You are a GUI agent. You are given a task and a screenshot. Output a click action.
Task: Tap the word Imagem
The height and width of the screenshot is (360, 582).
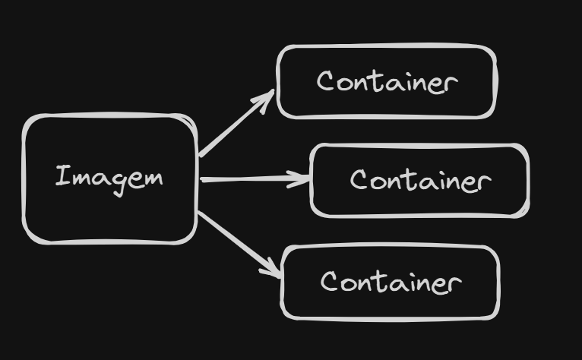pyautogui.click(x=109, y=178)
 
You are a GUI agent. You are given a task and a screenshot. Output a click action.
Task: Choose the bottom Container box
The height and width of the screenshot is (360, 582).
pyautogui.click(x=391, y=304)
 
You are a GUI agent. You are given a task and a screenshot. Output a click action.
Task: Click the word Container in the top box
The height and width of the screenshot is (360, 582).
pyautogui.click(x=387, y=81)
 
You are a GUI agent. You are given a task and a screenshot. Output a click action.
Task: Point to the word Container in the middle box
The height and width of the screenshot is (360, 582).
pyautogui.click(x=420, y=181)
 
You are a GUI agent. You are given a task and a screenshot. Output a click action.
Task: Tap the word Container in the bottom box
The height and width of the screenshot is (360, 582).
pyautogui.click(x=391, y=282)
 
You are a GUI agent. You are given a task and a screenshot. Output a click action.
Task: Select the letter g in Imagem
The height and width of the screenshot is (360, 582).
pyautogui.click(x=116, y=181)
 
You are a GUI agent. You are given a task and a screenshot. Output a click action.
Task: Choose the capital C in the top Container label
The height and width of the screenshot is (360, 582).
pyautogui.click(x=326, y=81)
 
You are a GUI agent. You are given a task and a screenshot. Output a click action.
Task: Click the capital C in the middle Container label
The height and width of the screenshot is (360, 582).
pyautogui.click(x=359, y=180)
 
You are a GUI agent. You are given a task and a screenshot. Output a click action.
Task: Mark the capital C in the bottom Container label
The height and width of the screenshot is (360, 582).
pyautogui.click(x=330, y=282)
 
